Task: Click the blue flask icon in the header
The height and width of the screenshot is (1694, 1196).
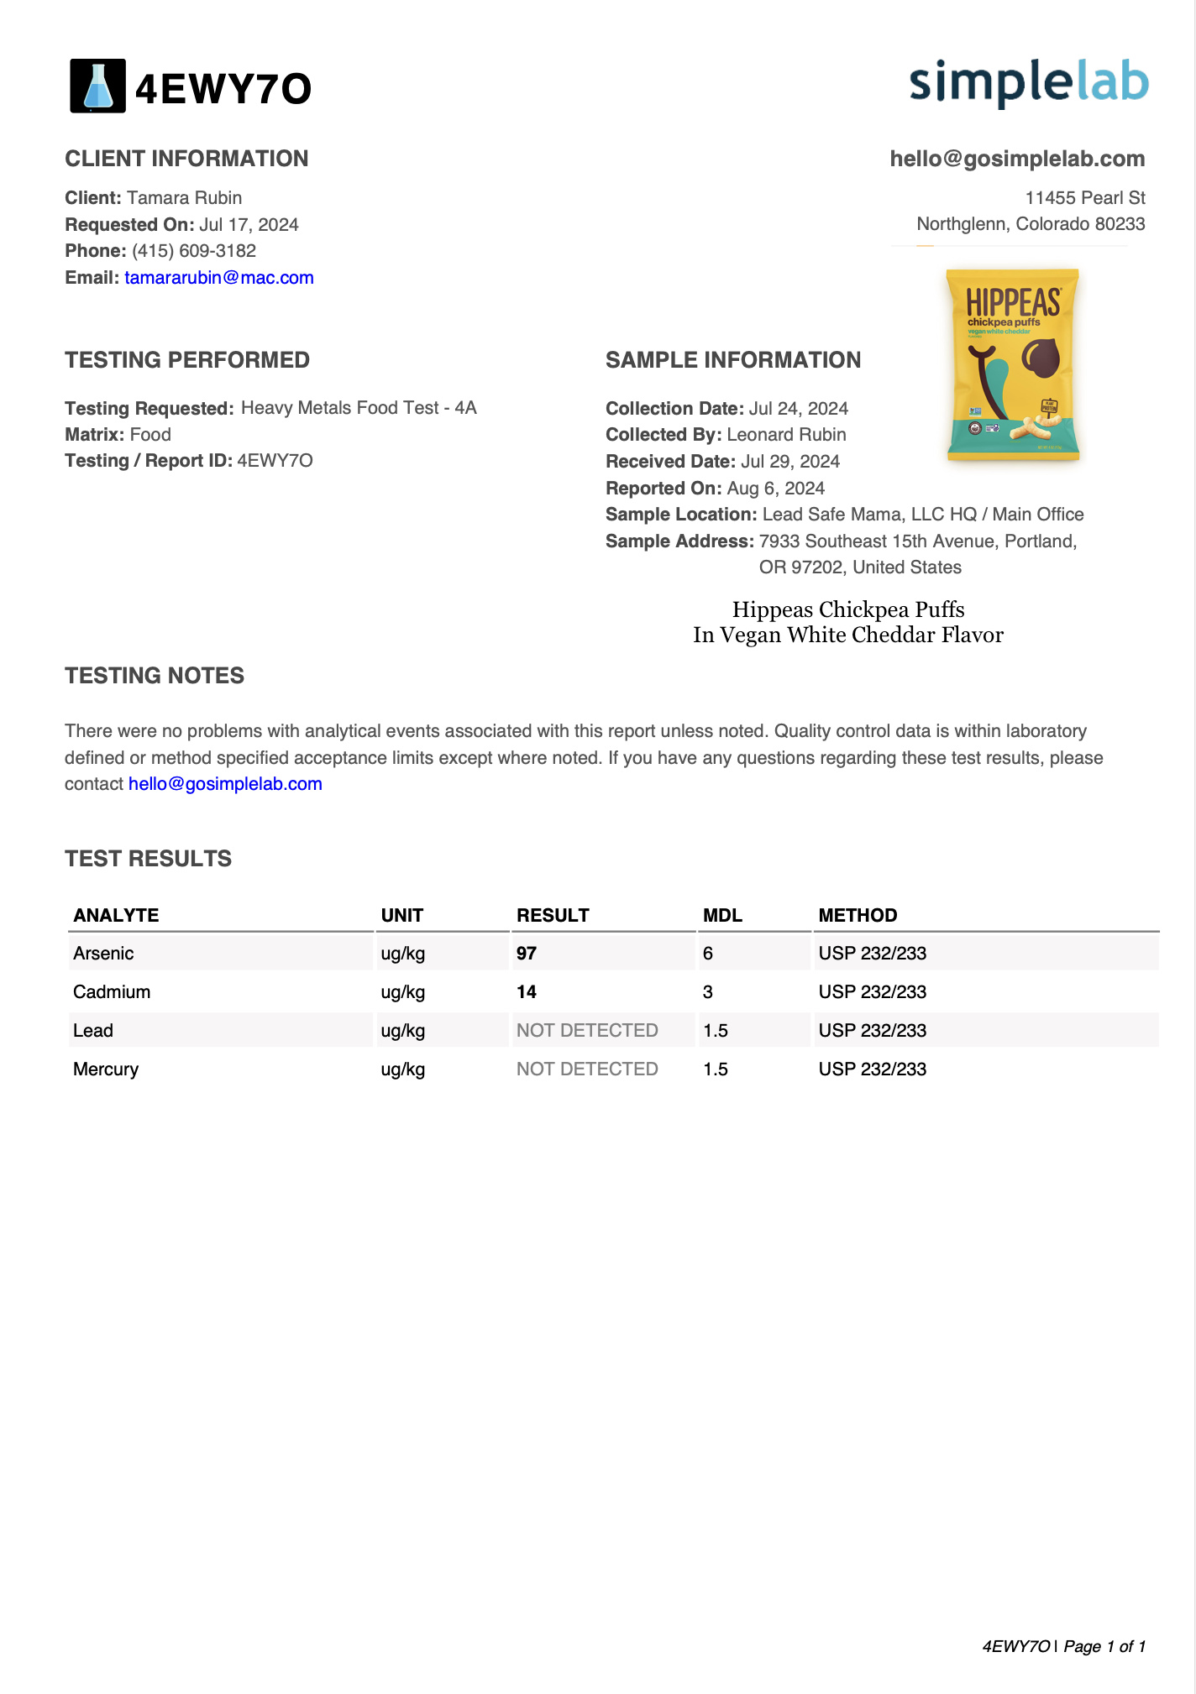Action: [x=97, y=86]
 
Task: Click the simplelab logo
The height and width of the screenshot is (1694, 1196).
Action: [x=1028, y=83]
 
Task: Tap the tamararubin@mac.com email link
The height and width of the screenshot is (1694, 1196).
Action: [x=219, y=278]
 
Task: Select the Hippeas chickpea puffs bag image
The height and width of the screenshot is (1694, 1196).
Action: [x=1012, y=365]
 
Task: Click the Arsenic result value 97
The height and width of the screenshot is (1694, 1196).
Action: [x=527, y=954]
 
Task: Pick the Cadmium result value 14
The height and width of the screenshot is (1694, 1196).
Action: [x=527, y=992]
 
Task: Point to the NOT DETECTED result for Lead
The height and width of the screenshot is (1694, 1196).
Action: [x=587, y=1031]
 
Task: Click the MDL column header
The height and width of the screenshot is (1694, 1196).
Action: [x=722, y=915]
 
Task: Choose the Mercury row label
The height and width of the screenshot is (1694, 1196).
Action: [x=106, y=1069]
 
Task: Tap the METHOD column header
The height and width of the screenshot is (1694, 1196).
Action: [x=858, y=915]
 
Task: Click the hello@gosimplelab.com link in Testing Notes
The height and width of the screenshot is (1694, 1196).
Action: [x=225, y=784]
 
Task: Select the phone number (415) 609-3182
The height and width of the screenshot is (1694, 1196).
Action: [x=194, y=251]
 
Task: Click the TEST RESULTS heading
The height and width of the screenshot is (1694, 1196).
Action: [x=149, y=859]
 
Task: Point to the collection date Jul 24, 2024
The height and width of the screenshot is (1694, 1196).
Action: [x=798, y=409]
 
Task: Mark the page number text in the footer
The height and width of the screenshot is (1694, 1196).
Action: [x=1104, y=1646]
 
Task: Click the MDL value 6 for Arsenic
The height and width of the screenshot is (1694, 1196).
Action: [x=708, y=954]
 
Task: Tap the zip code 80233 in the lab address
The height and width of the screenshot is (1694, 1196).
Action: [x=1120, y=224]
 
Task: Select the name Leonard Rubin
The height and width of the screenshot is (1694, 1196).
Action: [x=786, y=435]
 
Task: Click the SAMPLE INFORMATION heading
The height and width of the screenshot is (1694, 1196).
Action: [x=733, y=360]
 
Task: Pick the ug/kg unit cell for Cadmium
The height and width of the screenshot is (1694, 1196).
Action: [x=403, y=992]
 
